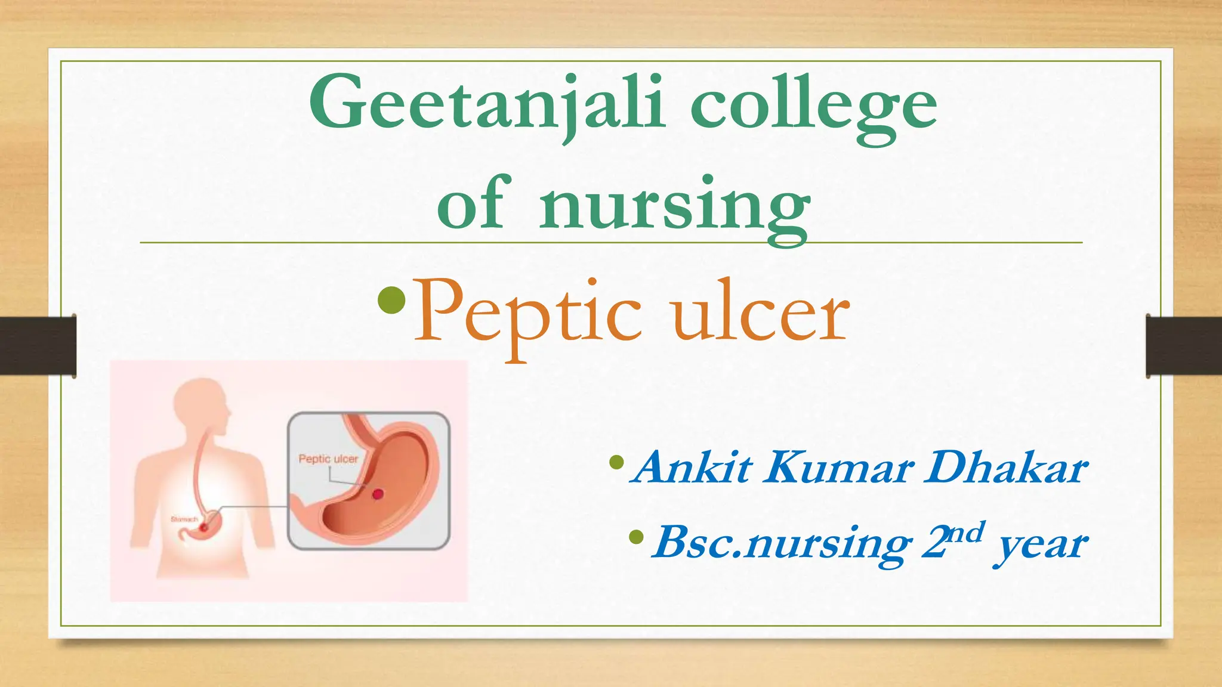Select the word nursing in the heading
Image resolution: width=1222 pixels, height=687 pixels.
coord(674,206)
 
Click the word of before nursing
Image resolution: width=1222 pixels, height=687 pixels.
coord(474,203)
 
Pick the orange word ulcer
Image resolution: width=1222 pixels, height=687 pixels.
coord(760,313)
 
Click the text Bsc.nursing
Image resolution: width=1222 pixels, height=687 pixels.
coord(782,543)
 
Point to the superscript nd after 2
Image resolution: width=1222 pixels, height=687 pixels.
coord(965,532)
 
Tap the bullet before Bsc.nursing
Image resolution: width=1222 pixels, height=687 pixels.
coord(637,537)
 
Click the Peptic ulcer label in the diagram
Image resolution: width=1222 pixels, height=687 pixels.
coord(328,459)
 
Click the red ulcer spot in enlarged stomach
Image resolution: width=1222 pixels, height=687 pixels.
coord(378,494)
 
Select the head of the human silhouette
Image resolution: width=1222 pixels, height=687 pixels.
coord(203,406)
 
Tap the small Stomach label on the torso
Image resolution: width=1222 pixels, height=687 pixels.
coord(184,519)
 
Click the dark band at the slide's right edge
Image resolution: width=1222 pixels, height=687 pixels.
coord(1184,346)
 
